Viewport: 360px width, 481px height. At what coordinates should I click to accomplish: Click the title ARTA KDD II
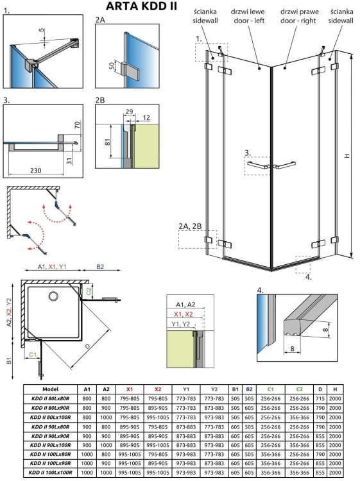[141, 6]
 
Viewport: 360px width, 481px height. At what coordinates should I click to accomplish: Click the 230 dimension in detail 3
[35, 171]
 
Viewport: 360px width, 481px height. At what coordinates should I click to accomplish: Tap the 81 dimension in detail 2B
[107, 142]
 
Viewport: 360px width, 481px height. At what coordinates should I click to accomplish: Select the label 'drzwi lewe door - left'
[248, 16]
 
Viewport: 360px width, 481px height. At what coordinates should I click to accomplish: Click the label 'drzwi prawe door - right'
[299, 16]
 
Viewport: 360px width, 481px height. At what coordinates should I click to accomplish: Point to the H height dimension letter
[347, 156]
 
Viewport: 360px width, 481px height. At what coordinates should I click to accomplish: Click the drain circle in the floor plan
[53, 296]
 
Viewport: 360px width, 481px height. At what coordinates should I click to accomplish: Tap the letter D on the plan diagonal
[88, 346]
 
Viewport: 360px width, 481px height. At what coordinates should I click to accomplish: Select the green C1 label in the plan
[33, 355]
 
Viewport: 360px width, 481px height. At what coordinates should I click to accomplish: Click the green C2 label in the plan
[89, 291]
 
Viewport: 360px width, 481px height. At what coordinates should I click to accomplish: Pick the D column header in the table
[320, 389]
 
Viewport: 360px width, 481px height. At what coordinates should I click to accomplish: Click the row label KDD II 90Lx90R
[50, 436]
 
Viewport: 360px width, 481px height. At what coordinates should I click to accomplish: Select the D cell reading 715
[320, 399]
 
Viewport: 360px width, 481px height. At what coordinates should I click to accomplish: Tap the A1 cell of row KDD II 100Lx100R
[87, 473]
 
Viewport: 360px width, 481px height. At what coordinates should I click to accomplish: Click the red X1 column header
[130, 389]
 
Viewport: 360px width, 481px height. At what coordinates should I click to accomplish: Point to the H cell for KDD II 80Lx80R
[335, 399]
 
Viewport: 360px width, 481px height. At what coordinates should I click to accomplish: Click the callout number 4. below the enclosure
[308, 277]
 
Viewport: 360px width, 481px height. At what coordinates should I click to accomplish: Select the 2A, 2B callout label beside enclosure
[191, 226]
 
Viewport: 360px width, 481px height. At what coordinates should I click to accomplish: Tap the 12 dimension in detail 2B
[146, 117]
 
